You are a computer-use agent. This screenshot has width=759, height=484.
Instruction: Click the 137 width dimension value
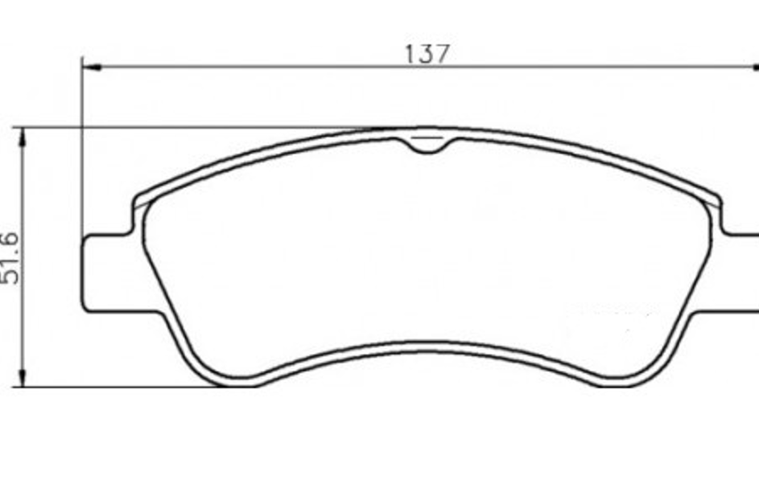click(x=427, y=54)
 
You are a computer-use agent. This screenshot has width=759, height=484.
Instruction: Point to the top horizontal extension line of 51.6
click(x=201, y=127)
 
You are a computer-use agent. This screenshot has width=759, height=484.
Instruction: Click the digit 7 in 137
click(x=442, y=54)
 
